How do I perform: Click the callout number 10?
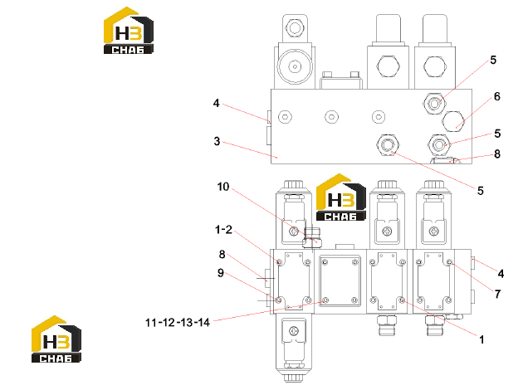click(x=223, y=187)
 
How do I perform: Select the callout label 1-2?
click(x=223, y=230)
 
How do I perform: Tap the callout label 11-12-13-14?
click(x=178, y=322)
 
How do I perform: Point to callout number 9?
click(x=221, y=273)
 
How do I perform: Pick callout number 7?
click(x=497, y=294)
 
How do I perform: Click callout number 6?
click(x=497, y=96)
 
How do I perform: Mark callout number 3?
click(x=217, y=141)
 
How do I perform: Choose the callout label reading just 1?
click(x=481, y=339)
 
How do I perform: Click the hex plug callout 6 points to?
click(x=452, y=121)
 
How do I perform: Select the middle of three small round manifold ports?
click(x=331, y=117)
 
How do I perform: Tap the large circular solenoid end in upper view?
click(x=295, y=66)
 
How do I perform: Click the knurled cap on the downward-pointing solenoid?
click(x=294, y=378)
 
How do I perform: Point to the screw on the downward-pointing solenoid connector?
click(x=294, y=331)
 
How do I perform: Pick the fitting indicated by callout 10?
click(x=312, y=237)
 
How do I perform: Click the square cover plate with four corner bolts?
click(x=340, y=281)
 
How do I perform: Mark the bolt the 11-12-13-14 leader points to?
click(x=325, y=300)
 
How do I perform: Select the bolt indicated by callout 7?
click(x=449, y=262)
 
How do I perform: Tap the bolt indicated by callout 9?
click(x=279, y=300)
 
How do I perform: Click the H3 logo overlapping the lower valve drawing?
click(x=340, y=197)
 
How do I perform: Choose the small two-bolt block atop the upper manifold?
click(x=340, y=80)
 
